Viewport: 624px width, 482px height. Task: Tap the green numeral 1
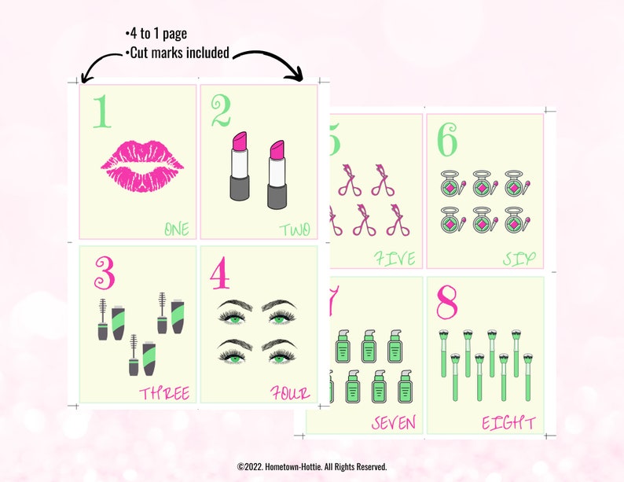point(101,112)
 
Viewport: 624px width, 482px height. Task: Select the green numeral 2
point(221,112)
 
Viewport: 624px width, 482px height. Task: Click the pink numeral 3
point(105,272)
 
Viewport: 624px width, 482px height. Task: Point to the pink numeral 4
point(219,273)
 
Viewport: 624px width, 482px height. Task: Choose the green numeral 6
point(447,142)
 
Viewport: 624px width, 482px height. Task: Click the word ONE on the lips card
point(176,230)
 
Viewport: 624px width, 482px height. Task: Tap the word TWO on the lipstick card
point(295,230)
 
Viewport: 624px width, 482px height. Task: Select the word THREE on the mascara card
point(164,393)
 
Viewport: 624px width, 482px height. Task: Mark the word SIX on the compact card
point(519,259)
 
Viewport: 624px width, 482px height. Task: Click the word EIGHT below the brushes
point(508,423)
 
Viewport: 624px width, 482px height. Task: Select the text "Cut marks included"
point(177,53)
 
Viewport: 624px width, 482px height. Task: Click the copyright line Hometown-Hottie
point(312,466)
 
